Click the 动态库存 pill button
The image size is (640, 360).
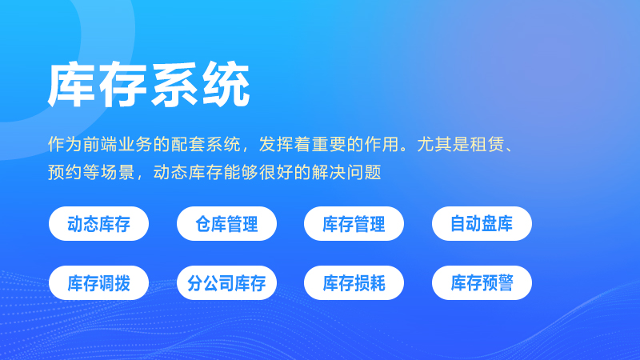[98, 224]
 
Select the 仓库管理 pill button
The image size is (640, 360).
[226, 224]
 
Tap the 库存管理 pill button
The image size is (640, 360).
[354, 224]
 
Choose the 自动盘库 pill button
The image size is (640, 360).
[482, 224]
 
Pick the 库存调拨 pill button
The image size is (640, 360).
[98, 282]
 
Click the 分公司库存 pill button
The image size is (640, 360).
[226, 282]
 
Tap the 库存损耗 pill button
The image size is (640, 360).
[354, 282]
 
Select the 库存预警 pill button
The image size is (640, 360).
[482, 282]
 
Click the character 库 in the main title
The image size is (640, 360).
[73, 84]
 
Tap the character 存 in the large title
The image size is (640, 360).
[123, 84]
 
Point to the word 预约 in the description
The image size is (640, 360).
[64, 171]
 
